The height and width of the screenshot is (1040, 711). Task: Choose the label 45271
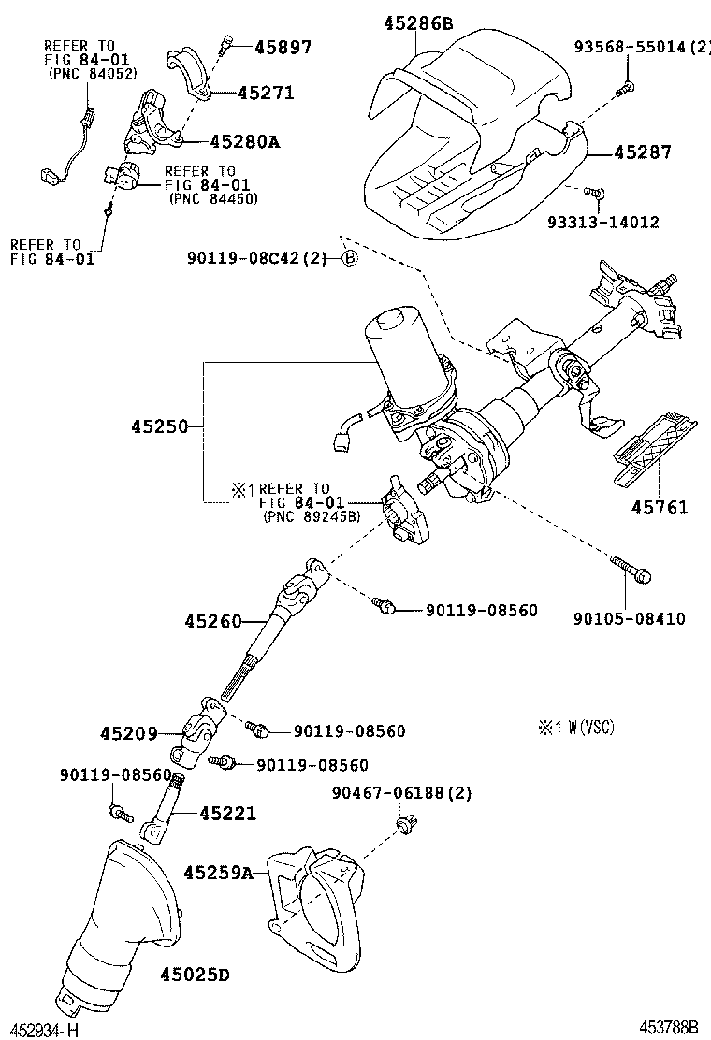pos(266,93)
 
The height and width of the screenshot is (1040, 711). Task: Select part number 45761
pos(659,508)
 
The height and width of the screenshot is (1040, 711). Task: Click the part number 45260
pos(214,621)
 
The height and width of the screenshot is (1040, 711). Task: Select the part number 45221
pos(226,814)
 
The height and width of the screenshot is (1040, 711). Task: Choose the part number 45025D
pos(194,976)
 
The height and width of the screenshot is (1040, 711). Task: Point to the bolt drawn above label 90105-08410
pos(630,569)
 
